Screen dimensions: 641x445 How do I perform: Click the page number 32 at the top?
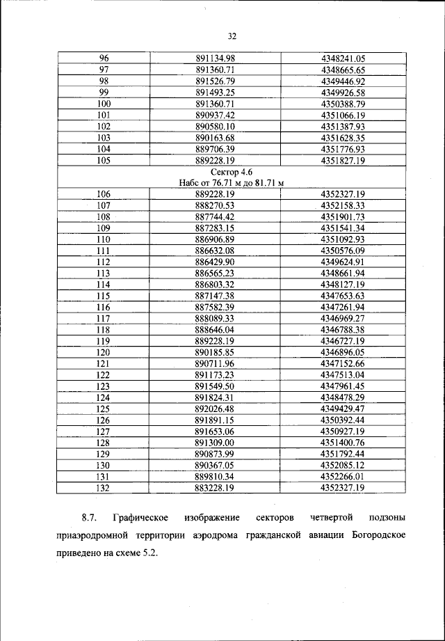[x=232, y=37]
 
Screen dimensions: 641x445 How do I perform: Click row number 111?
[x=104, y=250]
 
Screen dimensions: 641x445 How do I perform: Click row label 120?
[x=104, y=352]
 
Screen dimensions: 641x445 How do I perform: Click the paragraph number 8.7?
[x=89, y=518]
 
